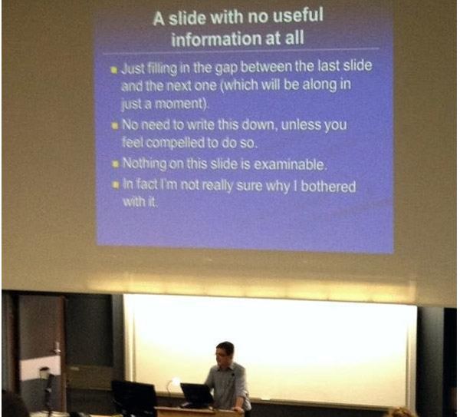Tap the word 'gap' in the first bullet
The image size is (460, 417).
215,68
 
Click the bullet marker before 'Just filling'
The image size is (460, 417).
113,68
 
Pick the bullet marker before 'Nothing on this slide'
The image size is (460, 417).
114,164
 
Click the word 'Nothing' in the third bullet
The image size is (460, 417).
145,164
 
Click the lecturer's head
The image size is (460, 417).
225,353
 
